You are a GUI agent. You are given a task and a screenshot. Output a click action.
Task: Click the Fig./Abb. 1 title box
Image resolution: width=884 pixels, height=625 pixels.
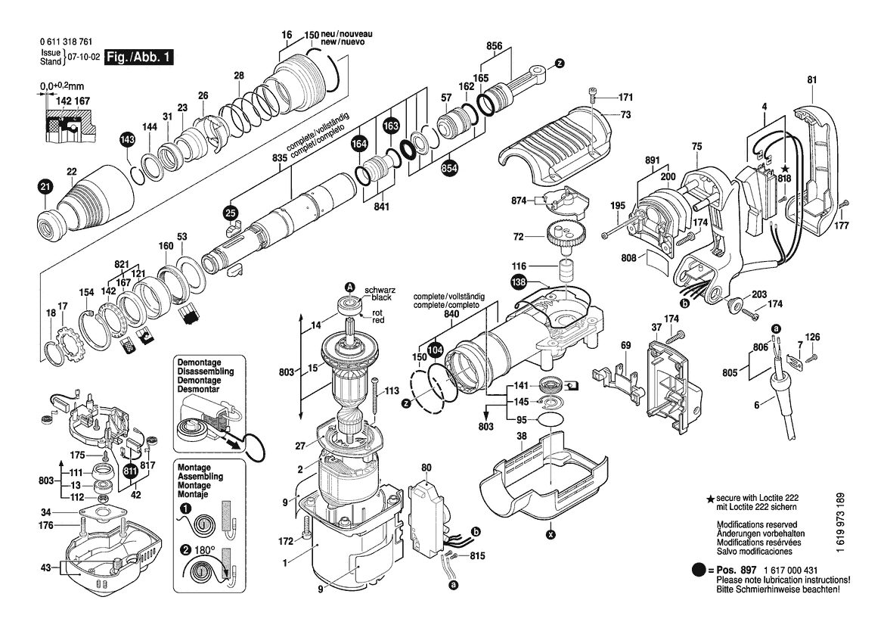(x=139, y=57)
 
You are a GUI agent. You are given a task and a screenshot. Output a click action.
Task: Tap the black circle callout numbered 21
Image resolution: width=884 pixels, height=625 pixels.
(x=45, y=186)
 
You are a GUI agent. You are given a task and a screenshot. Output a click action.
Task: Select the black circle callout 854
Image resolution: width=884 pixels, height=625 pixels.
(x=449, y=167)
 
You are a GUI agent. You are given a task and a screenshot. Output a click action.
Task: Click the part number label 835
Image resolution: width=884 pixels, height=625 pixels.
(x=280, y=158)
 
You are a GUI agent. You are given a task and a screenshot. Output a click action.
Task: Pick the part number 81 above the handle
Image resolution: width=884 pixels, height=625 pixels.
(x=812, y=80)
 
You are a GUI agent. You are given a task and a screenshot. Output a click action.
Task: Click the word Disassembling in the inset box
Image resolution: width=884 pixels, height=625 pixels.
(x=206, y=372)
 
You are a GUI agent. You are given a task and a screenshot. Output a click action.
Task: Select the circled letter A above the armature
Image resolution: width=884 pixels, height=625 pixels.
(x=350, y=287)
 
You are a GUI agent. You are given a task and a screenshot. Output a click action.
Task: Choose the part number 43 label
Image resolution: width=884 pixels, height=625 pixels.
(x=46, y=567)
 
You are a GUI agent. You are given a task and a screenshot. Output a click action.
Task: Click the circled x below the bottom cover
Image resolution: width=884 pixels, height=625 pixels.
(x=551, y=533)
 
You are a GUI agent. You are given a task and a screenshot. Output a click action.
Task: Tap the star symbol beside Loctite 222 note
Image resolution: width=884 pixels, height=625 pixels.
(x=711, y=499)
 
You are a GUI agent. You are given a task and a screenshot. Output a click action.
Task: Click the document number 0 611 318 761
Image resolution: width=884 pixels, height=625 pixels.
(x=67, y=42)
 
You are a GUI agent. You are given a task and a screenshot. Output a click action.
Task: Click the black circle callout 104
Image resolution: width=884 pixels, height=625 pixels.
(x=434, y=350)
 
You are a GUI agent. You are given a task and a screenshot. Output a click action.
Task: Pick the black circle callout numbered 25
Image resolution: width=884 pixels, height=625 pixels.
(x=231, y=213)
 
